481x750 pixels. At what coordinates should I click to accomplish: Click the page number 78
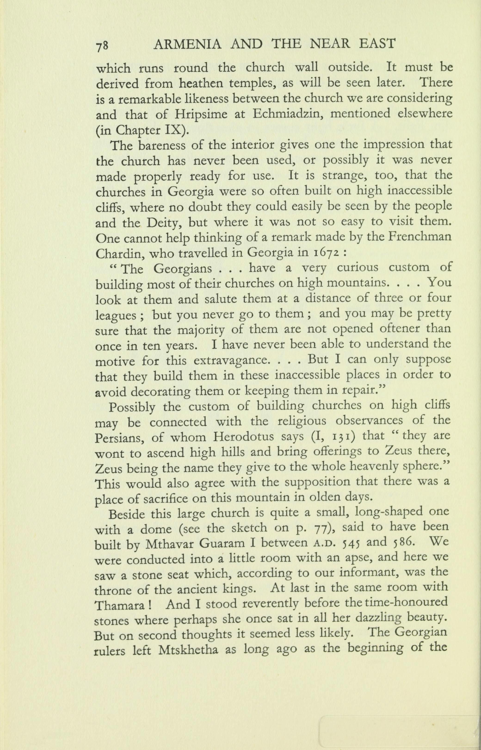point(102,45)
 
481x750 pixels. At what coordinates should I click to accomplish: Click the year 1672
point(325,253)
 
